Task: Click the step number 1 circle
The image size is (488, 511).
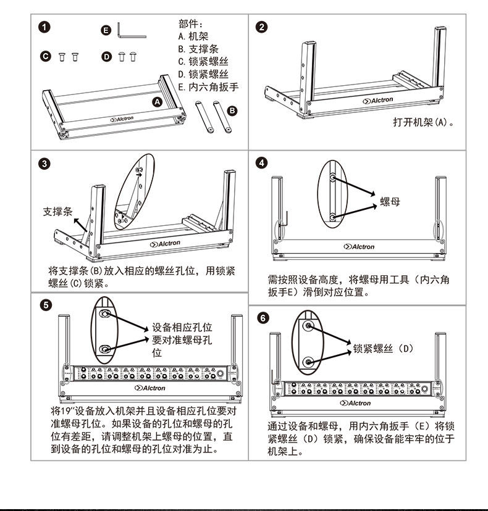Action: point(44,27)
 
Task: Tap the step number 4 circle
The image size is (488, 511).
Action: point(263,164)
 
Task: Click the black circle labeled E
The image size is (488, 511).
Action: point(106,29)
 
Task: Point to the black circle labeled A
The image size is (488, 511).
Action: point(157,101)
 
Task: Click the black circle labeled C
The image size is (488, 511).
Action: point(45,57)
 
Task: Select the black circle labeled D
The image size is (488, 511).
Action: point(106,57)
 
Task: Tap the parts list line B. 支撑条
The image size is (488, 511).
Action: point(198,49)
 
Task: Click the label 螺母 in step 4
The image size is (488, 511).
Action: point(390,202)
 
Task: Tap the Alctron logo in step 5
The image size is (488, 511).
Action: point(150,388)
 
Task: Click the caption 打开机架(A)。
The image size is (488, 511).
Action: point(424,122)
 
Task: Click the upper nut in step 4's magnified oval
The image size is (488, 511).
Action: point(333,178)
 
